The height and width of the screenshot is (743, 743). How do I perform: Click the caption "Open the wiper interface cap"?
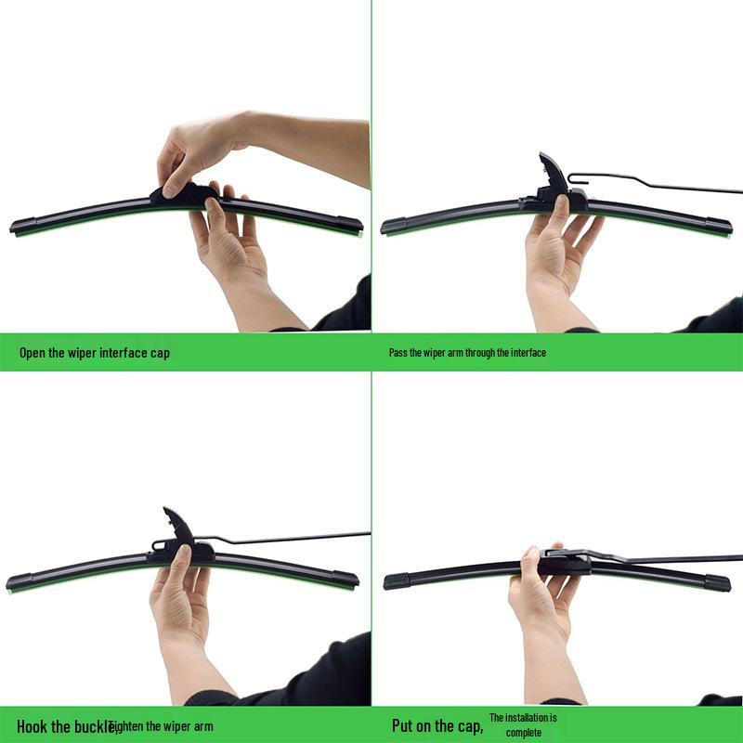[x=94, y=353]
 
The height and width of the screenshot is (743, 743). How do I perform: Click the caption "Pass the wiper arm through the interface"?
[x=466, y=353]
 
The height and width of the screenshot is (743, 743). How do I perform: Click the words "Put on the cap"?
[x=437, y=726]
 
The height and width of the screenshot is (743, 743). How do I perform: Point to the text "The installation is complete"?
[x=523, y=724]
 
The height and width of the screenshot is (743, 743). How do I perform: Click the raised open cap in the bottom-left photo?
[x=177, y=526]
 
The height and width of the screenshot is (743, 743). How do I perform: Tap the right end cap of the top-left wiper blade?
[x=350, y=225]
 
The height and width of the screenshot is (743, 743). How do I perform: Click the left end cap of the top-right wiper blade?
[x=394, y=227]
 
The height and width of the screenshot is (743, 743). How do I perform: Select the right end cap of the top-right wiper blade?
[x=719, y=226]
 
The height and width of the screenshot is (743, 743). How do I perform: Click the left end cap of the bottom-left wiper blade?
[x=20, y=582]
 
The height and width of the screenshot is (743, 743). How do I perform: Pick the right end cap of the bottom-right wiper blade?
[x=716, y=582]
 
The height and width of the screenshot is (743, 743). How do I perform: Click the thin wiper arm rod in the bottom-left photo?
[x=288, y=537]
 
